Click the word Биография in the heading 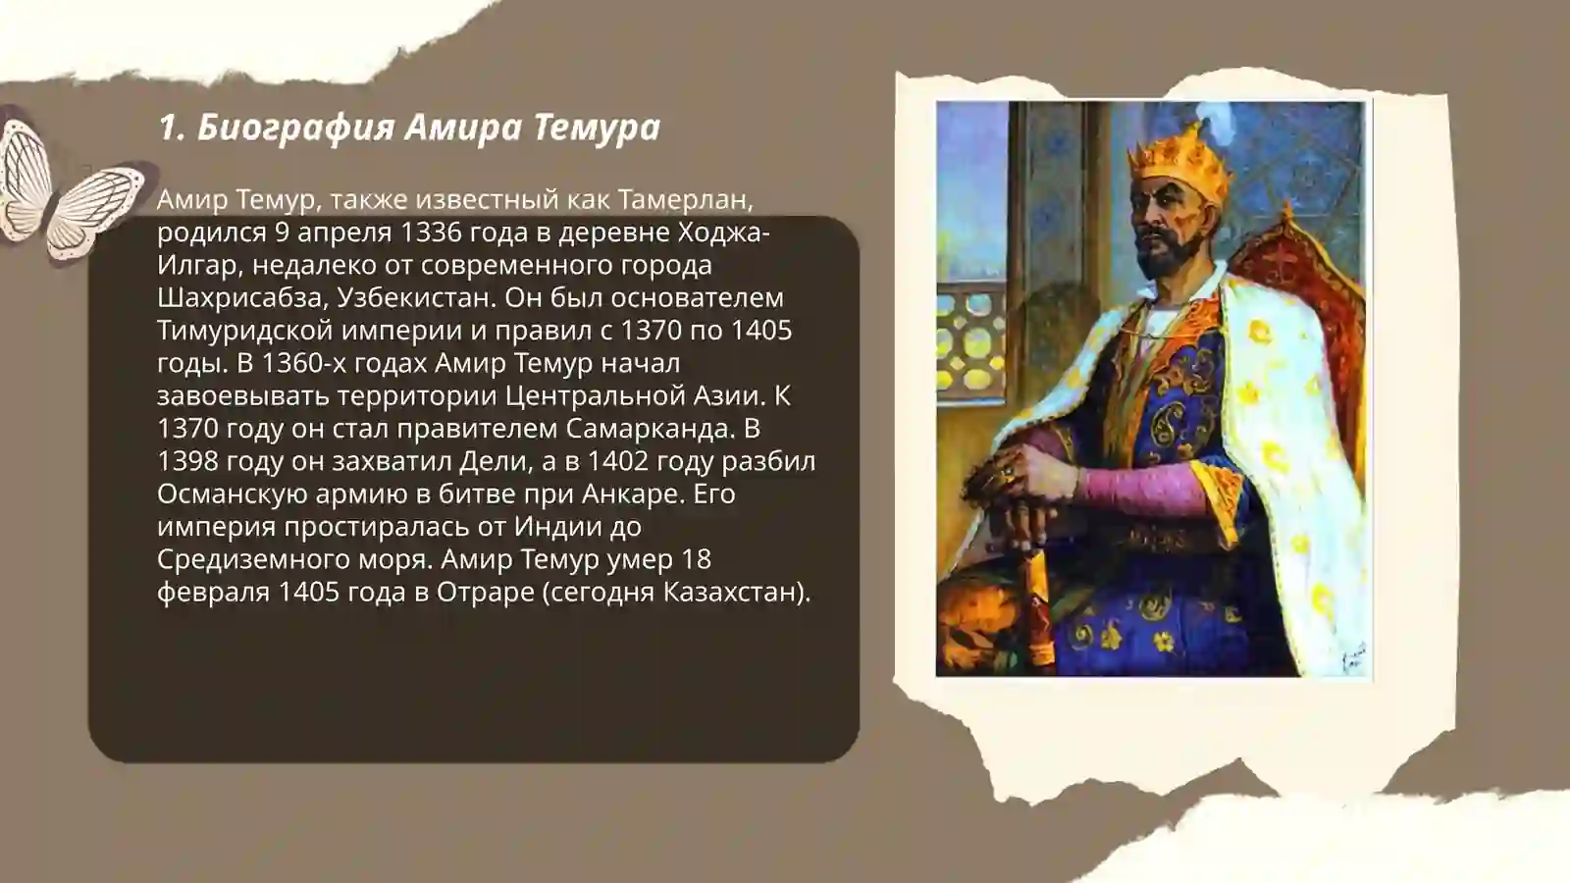point(295,129)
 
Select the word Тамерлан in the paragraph point(685,200)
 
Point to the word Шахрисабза point(239,298)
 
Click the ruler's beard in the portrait point(1165,256)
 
